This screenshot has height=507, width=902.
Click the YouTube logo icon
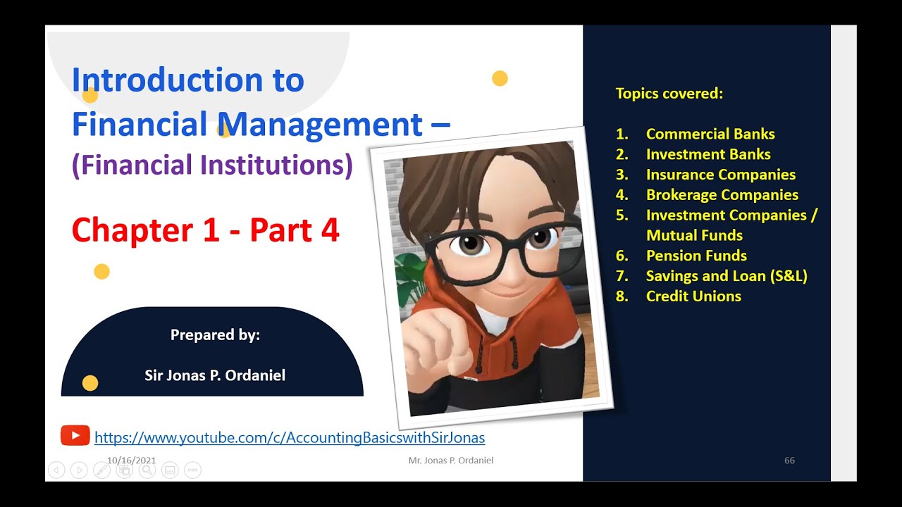tap(75, 436)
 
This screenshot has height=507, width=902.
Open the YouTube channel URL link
tap(289, 437)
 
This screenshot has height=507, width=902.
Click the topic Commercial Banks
tap(710, 134)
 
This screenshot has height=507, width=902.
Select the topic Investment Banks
tap(708, 154)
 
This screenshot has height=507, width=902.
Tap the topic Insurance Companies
tap(720, 175)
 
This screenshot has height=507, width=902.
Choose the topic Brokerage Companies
tap(722, 195)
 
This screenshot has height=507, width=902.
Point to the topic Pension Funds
tap(696, 256)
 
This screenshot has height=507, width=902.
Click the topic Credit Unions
tap(693, 296)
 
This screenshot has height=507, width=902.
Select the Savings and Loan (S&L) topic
tap(726, 276)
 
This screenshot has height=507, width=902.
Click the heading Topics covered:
tap(669, 94)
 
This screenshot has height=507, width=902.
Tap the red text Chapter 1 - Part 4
tap(205, 231)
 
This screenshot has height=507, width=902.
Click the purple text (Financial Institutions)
tap(211, 165)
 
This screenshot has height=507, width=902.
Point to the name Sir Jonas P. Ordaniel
tap(215, 375)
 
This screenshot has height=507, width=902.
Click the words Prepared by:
tap(215, 335)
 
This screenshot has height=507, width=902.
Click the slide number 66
tap(789, 461)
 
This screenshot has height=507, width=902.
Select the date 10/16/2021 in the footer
tap(131, 461)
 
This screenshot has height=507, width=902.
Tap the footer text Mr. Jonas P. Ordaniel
tap(450, 461)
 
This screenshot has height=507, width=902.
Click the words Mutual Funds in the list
tap(693, 236)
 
